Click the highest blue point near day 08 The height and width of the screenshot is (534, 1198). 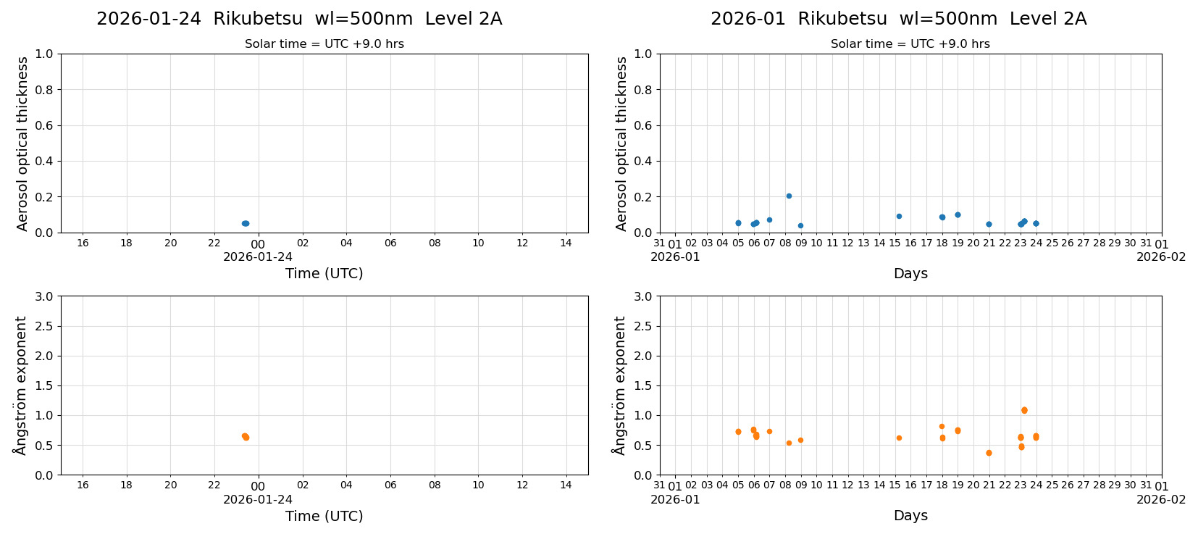pos(789,196)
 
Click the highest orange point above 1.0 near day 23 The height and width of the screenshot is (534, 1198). pos(1024,410)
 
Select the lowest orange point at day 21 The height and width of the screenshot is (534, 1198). pos(989,453)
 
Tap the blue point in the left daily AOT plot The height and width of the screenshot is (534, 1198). pos(246,223)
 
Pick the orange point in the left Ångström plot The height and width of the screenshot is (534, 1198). pos(246,436)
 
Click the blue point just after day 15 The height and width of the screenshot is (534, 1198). pos(899,216)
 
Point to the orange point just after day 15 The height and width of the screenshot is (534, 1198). pos(899,438)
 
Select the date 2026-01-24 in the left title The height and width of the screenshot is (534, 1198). pos(148,19)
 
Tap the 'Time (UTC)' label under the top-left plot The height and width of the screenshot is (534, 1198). pos(324,273)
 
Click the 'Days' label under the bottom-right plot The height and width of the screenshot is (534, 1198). pos(910,515)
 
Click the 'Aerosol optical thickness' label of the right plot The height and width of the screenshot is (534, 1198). pos(621,143)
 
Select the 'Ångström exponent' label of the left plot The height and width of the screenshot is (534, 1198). pos(21,385)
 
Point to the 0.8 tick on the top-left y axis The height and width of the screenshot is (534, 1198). pos(44,90)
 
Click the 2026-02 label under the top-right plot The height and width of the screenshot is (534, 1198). pos(1161,256)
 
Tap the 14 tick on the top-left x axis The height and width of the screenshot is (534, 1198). pos(566,243)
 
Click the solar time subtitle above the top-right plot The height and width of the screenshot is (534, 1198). pos(910,43)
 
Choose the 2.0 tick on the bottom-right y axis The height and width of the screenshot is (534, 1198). pos(643,356)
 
